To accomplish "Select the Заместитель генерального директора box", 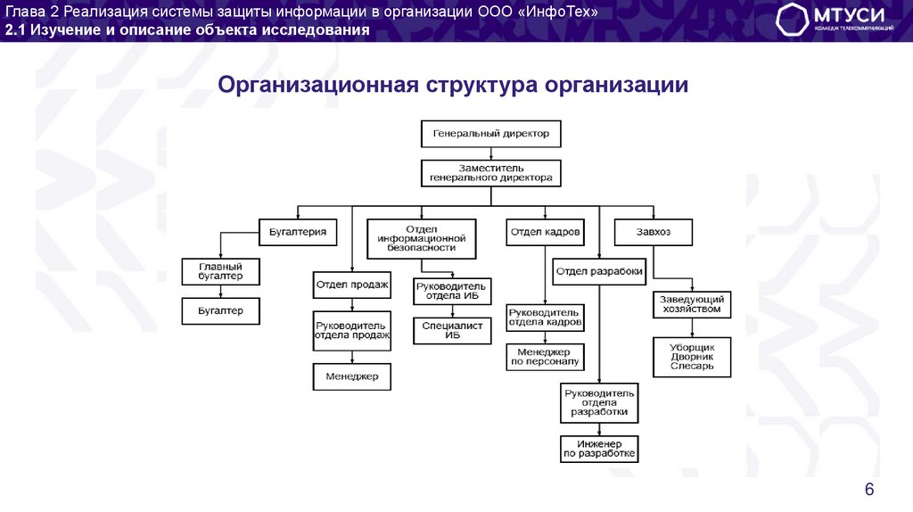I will pyautogui.click(x=491, y=173).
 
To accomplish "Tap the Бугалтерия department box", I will pyautogui.click(x=298, y=232).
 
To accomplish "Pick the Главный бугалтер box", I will pyautogui.click(x=220, y=271).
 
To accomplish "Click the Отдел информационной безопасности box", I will pyautogui.click(x=422, y=238).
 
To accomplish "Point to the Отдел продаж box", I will pyautogui.click(x=352, y=285).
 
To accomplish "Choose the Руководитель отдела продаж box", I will pyautogui.click(x=352, y=330).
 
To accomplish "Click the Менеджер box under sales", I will pyautogui.click(x=352, y=376).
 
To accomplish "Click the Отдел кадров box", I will pyautogui.click(x=545, y=232).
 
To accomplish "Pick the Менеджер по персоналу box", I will pyautogui.click(x=545, y=357).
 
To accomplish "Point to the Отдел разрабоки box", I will pyautogui.click(x=598, y=271).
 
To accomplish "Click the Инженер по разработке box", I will pyautogui.click(x=598, y=449).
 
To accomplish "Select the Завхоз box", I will pyautogui.click(x=654, y=232).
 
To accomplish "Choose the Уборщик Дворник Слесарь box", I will pyautogui.click(x=691, y=356).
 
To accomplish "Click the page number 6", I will pyautogui.click(x=869, y=489).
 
